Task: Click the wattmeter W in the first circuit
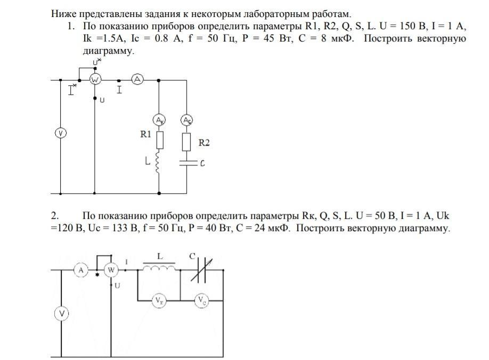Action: tap(95, 80)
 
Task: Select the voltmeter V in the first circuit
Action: tap(61, 133)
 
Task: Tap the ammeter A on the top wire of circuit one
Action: tap(137, 80)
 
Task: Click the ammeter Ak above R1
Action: tap(160, 120)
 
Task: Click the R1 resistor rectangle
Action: tap(160, 140)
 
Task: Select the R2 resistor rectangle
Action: tap(187, 142)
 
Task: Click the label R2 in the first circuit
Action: tap(204, 143)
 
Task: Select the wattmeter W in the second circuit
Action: tap(112, 271)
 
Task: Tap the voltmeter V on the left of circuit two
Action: tap(62, 315)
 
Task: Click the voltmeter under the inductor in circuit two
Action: tap(159, 301)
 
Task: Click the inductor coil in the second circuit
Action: tap(159, 267)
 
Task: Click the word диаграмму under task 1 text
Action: tap(105, 51)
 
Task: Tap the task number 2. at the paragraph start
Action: tap(54, 216)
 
